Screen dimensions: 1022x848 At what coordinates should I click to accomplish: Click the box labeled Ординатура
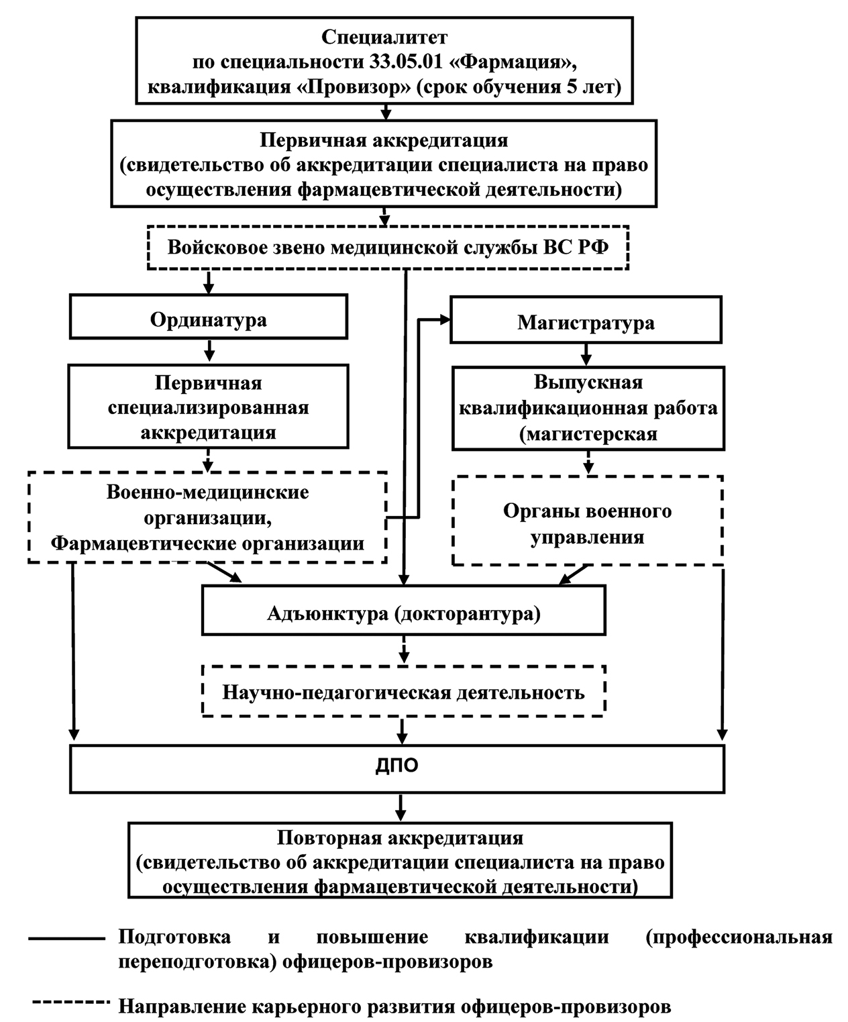coord(208,319)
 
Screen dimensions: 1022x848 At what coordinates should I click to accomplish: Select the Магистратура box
coord(586,323)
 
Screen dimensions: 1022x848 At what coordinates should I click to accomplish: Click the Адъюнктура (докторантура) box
coord(403,613)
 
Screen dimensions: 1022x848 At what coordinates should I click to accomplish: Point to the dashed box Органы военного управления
coord(587,523)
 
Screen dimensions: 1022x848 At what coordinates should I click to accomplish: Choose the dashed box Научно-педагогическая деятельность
coord(403,692)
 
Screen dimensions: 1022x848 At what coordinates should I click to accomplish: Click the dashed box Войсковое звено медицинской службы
coord(388,248)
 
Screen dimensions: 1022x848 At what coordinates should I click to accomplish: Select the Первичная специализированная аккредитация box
coord(208,407)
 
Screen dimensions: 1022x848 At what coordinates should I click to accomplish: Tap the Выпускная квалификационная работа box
coord(588,408)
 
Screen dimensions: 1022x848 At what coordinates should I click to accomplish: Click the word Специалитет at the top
coord(384,37)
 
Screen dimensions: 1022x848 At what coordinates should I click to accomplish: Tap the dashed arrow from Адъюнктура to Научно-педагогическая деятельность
coord(403,649)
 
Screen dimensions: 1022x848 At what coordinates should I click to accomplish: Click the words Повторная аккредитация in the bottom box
coord(400,838)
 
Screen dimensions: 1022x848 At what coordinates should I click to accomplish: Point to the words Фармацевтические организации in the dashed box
coord(207,543)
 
